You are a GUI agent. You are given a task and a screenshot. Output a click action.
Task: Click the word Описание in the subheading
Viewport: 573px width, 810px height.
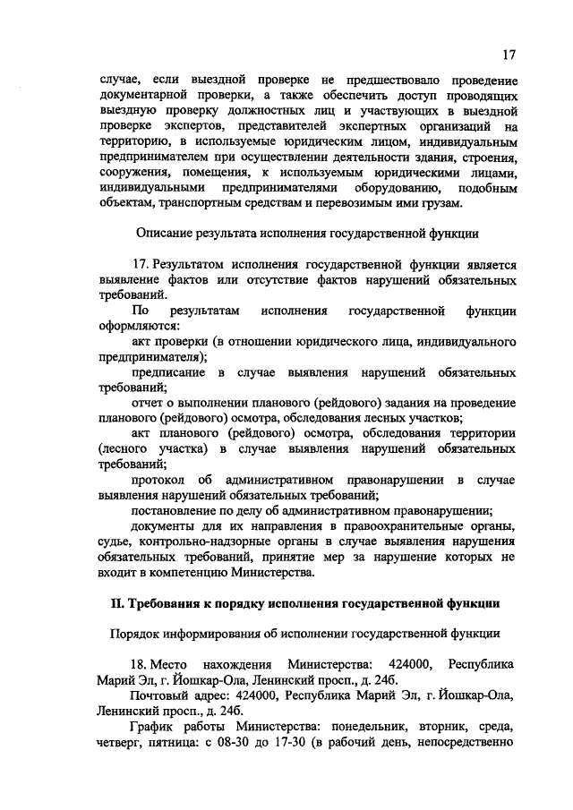click(165, 234)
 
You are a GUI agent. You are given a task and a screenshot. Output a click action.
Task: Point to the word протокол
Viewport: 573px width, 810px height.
click(158, 481)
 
